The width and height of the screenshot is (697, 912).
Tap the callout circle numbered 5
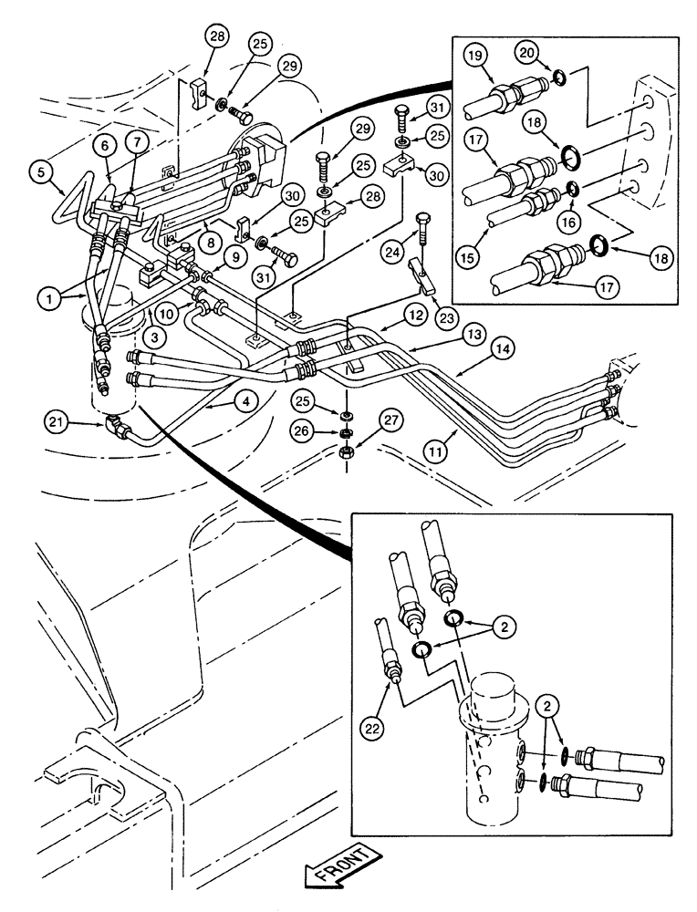pos(40,169)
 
